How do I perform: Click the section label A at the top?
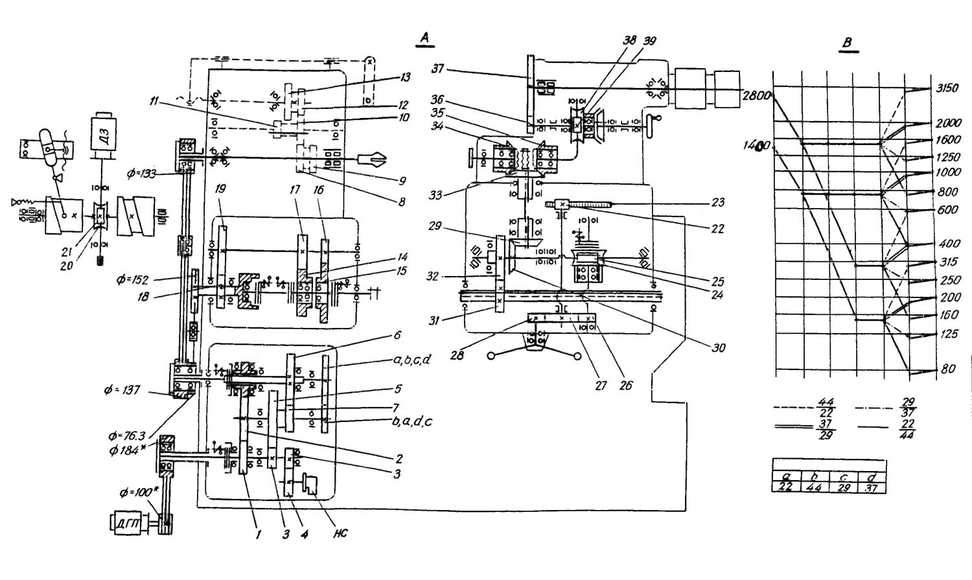(424, 39)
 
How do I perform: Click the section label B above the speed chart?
(847, 43)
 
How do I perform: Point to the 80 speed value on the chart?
(948, 370)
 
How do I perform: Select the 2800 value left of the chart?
(755, 96)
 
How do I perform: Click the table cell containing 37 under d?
(872, 487)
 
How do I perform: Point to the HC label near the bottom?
(340, 533)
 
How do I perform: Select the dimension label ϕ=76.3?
(128, 437)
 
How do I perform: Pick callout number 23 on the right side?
(717, 202)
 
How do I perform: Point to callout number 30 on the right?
(717, 348)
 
